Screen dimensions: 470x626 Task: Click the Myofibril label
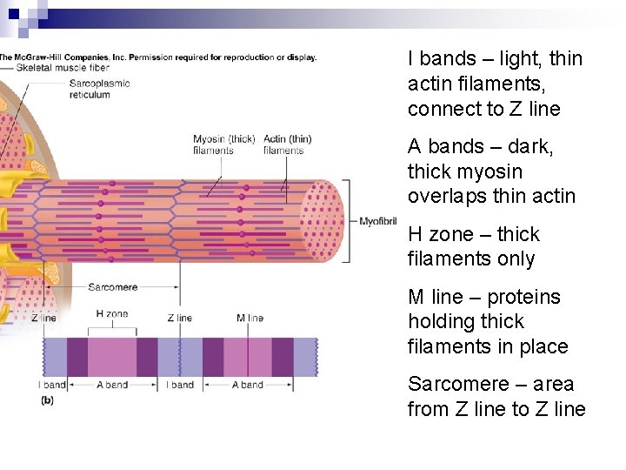(x=377, y=222)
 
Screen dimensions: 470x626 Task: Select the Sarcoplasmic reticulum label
(x=99, y=89)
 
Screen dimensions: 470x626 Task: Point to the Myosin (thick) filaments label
(x=223, y=144)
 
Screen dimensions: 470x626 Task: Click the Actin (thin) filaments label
(x=287, y=144)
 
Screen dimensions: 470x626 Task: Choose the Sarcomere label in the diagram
(x=112, y=287)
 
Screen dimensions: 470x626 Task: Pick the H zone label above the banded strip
(x=111, y=314)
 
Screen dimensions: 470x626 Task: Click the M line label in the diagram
(x=250, y=319)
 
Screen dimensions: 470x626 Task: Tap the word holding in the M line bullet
(x=441, y=322)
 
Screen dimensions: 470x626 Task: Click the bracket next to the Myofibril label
(x=348, y=221)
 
